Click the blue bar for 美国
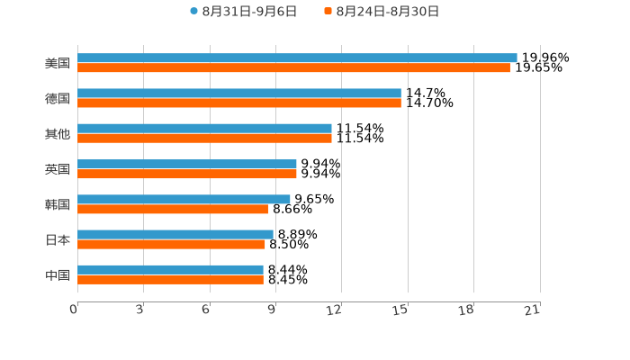pos(297,58)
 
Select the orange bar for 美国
pos(293,67)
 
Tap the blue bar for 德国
pos(239,93)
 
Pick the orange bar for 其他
pos(204,138)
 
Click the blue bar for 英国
pos(187,164)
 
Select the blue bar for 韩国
pos(184,199)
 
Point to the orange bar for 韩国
pos(173,209)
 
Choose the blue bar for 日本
pos(175,234)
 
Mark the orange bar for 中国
pos(170,279)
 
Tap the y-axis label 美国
pos(58,63)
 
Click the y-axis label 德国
pos(58,98)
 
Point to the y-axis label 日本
pos(58,239)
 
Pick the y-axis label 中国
pos(58,274)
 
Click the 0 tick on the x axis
pos(75,310)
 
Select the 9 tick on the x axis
pos(273,310)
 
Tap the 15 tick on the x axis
pos(401,310)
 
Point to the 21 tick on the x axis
pos(533,310)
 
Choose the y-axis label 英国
pos(58,168)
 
